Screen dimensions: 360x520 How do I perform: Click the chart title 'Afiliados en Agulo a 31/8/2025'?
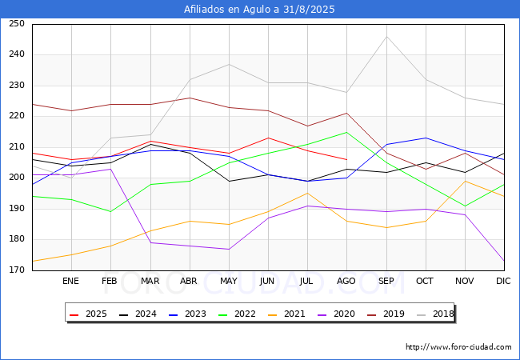point(259,10)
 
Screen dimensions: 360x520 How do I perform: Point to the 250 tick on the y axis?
point(17,24)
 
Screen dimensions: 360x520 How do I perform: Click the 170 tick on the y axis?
point(17,270)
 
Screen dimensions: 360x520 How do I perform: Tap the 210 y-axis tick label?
point(17,147)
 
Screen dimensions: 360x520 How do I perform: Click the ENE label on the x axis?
point(71,282)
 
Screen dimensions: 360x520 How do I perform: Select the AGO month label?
point(346,282)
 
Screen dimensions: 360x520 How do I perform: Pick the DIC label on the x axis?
point(503,282)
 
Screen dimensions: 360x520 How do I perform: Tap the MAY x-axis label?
point(228,282)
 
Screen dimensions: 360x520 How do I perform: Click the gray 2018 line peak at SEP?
point(386,36)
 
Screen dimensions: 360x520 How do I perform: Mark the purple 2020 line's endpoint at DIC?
point(504,261)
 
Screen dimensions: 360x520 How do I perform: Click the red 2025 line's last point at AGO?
point(346,159)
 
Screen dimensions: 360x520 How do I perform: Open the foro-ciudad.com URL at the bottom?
point(458,347)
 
